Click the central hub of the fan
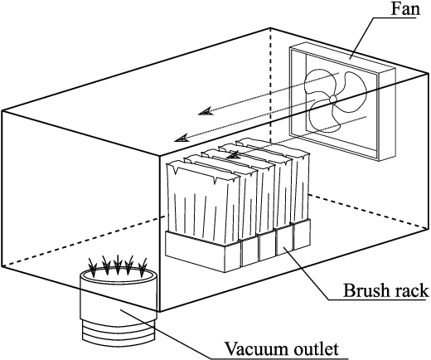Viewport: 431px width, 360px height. pyautogui.click(x=333, y=100)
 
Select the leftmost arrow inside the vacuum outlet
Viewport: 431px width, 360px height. pyautogui.click(x=93, y=267)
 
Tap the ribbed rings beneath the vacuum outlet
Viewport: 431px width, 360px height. pyautogui.click(x=119, y=332)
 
